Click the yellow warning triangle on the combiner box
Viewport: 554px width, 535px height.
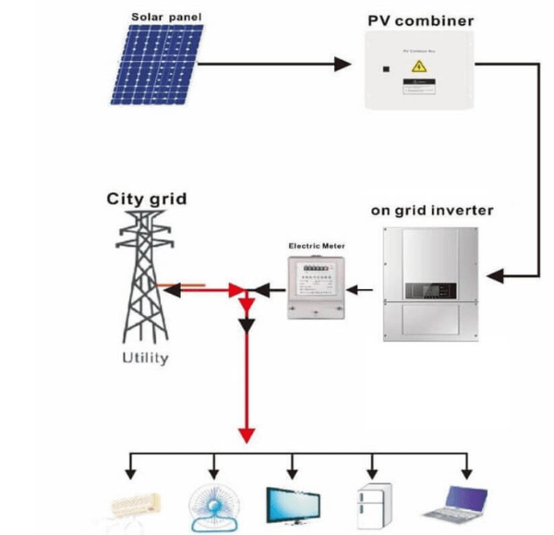(x=418, y=67)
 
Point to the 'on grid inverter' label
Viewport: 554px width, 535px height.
(x=432, y=211)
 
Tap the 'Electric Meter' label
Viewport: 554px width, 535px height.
(x=317, y=247)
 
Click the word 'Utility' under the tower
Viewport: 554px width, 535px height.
(x=146, y=358)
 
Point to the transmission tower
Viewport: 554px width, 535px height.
(x=144, y=276)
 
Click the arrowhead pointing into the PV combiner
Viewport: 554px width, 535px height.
(x=343, y=65)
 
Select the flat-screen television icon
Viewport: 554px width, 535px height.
(x=293, y=505)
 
